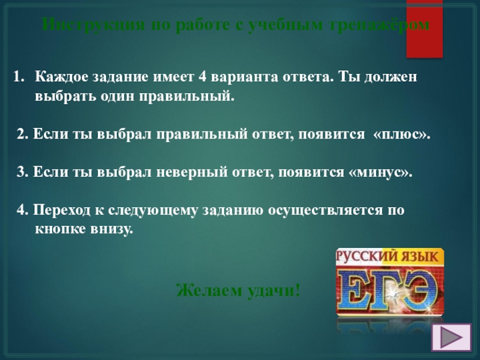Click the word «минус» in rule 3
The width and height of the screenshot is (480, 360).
[380, 173]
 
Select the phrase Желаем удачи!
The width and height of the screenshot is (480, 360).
[238, 290]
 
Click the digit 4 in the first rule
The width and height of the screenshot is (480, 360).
[202, 77]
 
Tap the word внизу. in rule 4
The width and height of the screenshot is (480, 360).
[111, 230]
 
